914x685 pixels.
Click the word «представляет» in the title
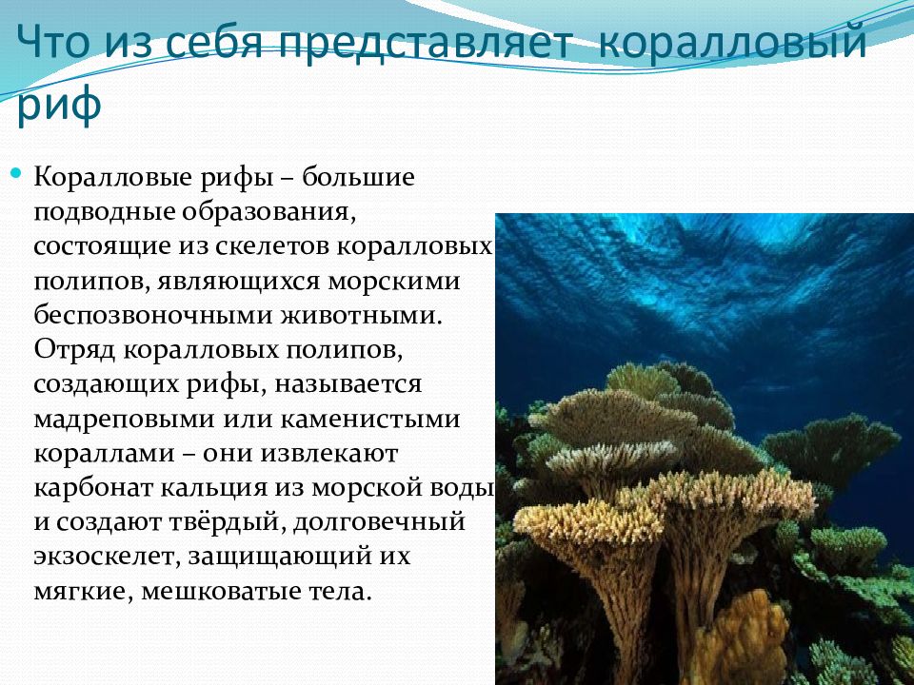tap(427, 43)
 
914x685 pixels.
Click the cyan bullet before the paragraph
tap(16, 173)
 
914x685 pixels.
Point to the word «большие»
tap(357, 176)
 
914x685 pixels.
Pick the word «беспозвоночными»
tap(154, 315)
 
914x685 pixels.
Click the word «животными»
tap(360, 315)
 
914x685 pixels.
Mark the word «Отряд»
tap(75, 350)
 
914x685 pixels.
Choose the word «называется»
tap(348, 384)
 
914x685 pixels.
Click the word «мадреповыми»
tap(124, 420)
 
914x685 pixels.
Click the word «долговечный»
tap(379, 522)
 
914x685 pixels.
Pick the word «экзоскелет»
tap(108, 557)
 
